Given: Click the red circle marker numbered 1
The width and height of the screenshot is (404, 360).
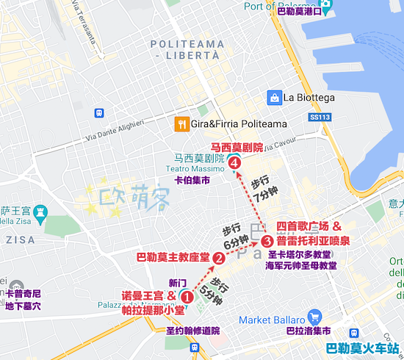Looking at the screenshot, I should [x=187, y=298].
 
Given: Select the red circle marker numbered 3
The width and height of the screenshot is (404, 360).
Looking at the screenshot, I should [x=267, y=240].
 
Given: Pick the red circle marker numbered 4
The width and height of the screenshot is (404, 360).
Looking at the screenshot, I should [x=234, y=162].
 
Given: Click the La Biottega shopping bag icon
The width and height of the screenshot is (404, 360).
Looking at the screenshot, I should [x=274, y=97].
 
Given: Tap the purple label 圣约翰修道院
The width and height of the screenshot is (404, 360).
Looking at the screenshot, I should [x=193, y=331].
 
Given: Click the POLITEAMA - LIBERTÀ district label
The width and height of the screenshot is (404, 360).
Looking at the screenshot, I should [x=187, y=50].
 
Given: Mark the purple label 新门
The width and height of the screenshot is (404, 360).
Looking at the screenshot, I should [x=178, y=283].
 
